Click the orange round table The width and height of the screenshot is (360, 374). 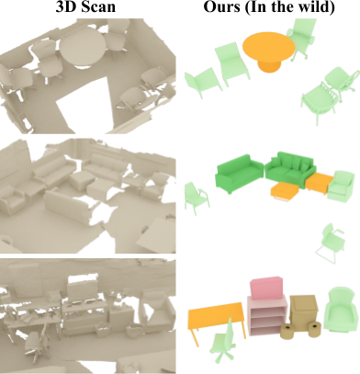point(269,49)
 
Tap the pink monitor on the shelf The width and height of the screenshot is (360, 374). point(266,288)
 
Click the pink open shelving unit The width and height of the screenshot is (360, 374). point(267,315)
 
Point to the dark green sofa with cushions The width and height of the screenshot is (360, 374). point(290,169)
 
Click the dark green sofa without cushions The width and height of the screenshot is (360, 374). point(239,173)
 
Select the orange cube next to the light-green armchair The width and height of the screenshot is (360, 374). point(319,182)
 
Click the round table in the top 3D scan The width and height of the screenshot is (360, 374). point(83,47)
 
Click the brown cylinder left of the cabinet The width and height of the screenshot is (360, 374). point(287,332)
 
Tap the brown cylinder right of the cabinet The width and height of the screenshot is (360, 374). point(314,330)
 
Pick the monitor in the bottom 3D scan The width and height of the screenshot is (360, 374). point(81,289)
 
